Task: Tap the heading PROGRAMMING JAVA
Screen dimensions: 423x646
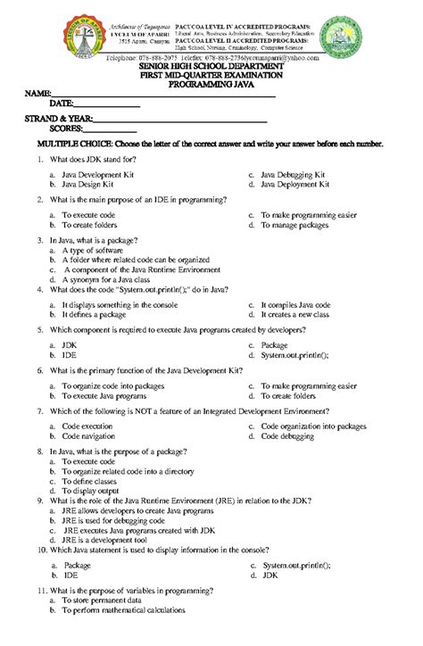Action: coord(211,85)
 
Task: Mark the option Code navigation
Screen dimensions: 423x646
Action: coord(88,437)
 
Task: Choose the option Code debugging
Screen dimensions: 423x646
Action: coord(294,437)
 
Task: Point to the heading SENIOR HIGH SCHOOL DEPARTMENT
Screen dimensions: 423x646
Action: coord(211,67)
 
